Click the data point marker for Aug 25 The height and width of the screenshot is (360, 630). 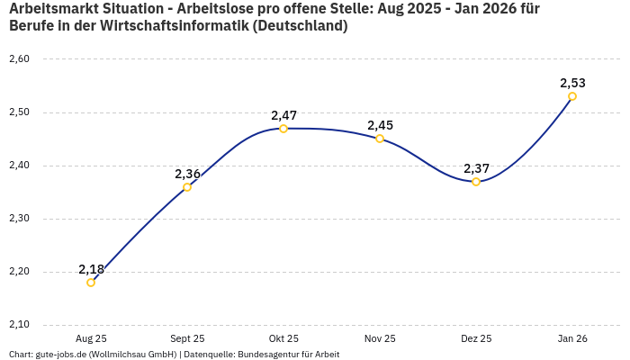point(91,283)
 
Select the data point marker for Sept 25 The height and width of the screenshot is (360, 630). point(187,187)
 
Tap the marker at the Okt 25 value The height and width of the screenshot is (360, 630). point(283,129)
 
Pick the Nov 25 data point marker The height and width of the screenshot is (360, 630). point(380,139)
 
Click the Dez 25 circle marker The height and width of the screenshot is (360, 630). point(476,182)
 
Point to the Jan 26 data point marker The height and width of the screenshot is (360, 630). point(572,96)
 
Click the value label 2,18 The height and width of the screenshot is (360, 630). point(91,269)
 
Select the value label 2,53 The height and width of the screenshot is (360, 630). point(572,83)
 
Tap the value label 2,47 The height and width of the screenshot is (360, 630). point(283,115)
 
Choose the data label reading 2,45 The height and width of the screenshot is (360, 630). point(380,125)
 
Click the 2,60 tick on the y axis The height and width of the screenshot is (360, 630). point(19,59)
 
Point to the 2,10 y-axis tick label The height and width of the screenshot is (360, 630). point(19,325)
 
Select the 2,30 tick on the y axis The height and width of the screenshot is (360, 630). point(19,219)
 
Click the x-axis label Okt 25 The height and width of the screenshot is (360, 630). point(283,338)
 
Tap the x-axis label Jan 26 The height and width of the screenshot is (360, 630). point(572,338)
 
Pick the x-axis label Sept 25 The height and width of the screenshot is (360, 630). point(187,338)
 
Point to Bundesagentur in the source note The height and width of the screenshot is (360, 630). point(264,355)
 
